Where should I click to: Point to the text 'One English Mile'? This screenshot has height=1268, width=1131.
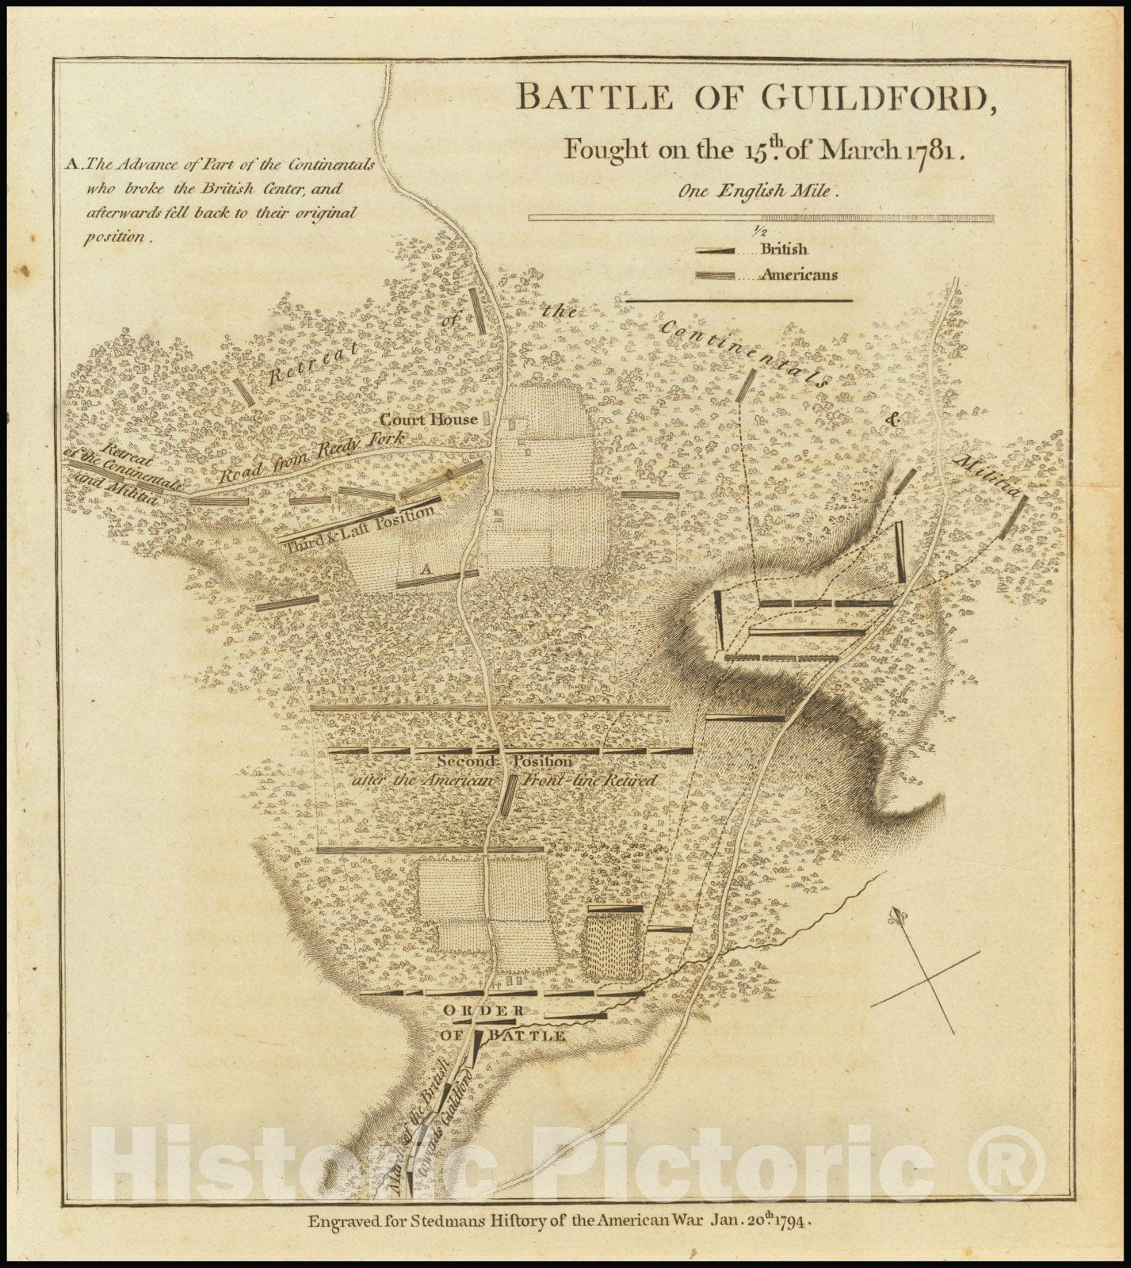tap(752, 190)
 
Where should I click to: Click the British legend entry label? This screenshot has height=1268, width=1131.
tap(784, 249)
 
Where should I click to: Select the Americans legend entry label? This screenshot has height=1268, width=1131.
tap(798, 275)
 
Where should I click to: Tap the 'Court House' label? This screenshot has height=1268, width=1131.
tap(429, 419)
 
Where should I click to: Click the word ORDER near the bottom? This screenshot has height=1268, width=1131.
tap(483, 1010)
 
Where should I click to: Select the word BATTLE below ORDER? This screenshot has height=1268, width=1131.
tap(527, 1036)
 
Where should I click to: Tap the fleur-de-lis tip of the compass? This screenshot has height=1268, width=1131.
tap(898, 917)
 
